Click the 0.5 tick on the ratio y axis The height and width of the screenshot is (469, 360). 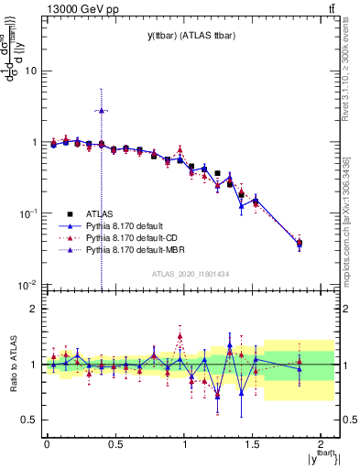(30, 420)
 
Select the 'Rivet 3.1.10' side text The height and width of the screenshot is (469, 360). (351, 69)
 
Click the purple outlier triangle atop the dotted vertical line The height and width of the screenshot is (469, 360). (102, 110)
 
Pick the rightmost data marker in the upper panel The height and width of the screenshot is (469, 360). (300, 243)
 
